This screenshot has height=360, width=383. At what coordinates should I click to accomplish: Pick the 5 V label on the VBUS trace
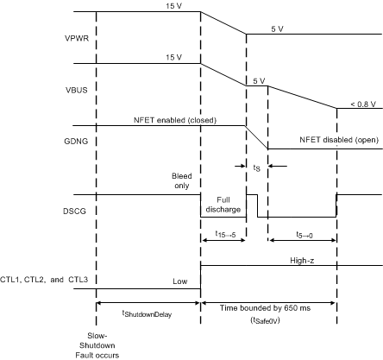(257, 80)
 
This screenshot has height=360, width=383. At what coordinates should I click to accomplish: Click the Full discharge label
(223, 205)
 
